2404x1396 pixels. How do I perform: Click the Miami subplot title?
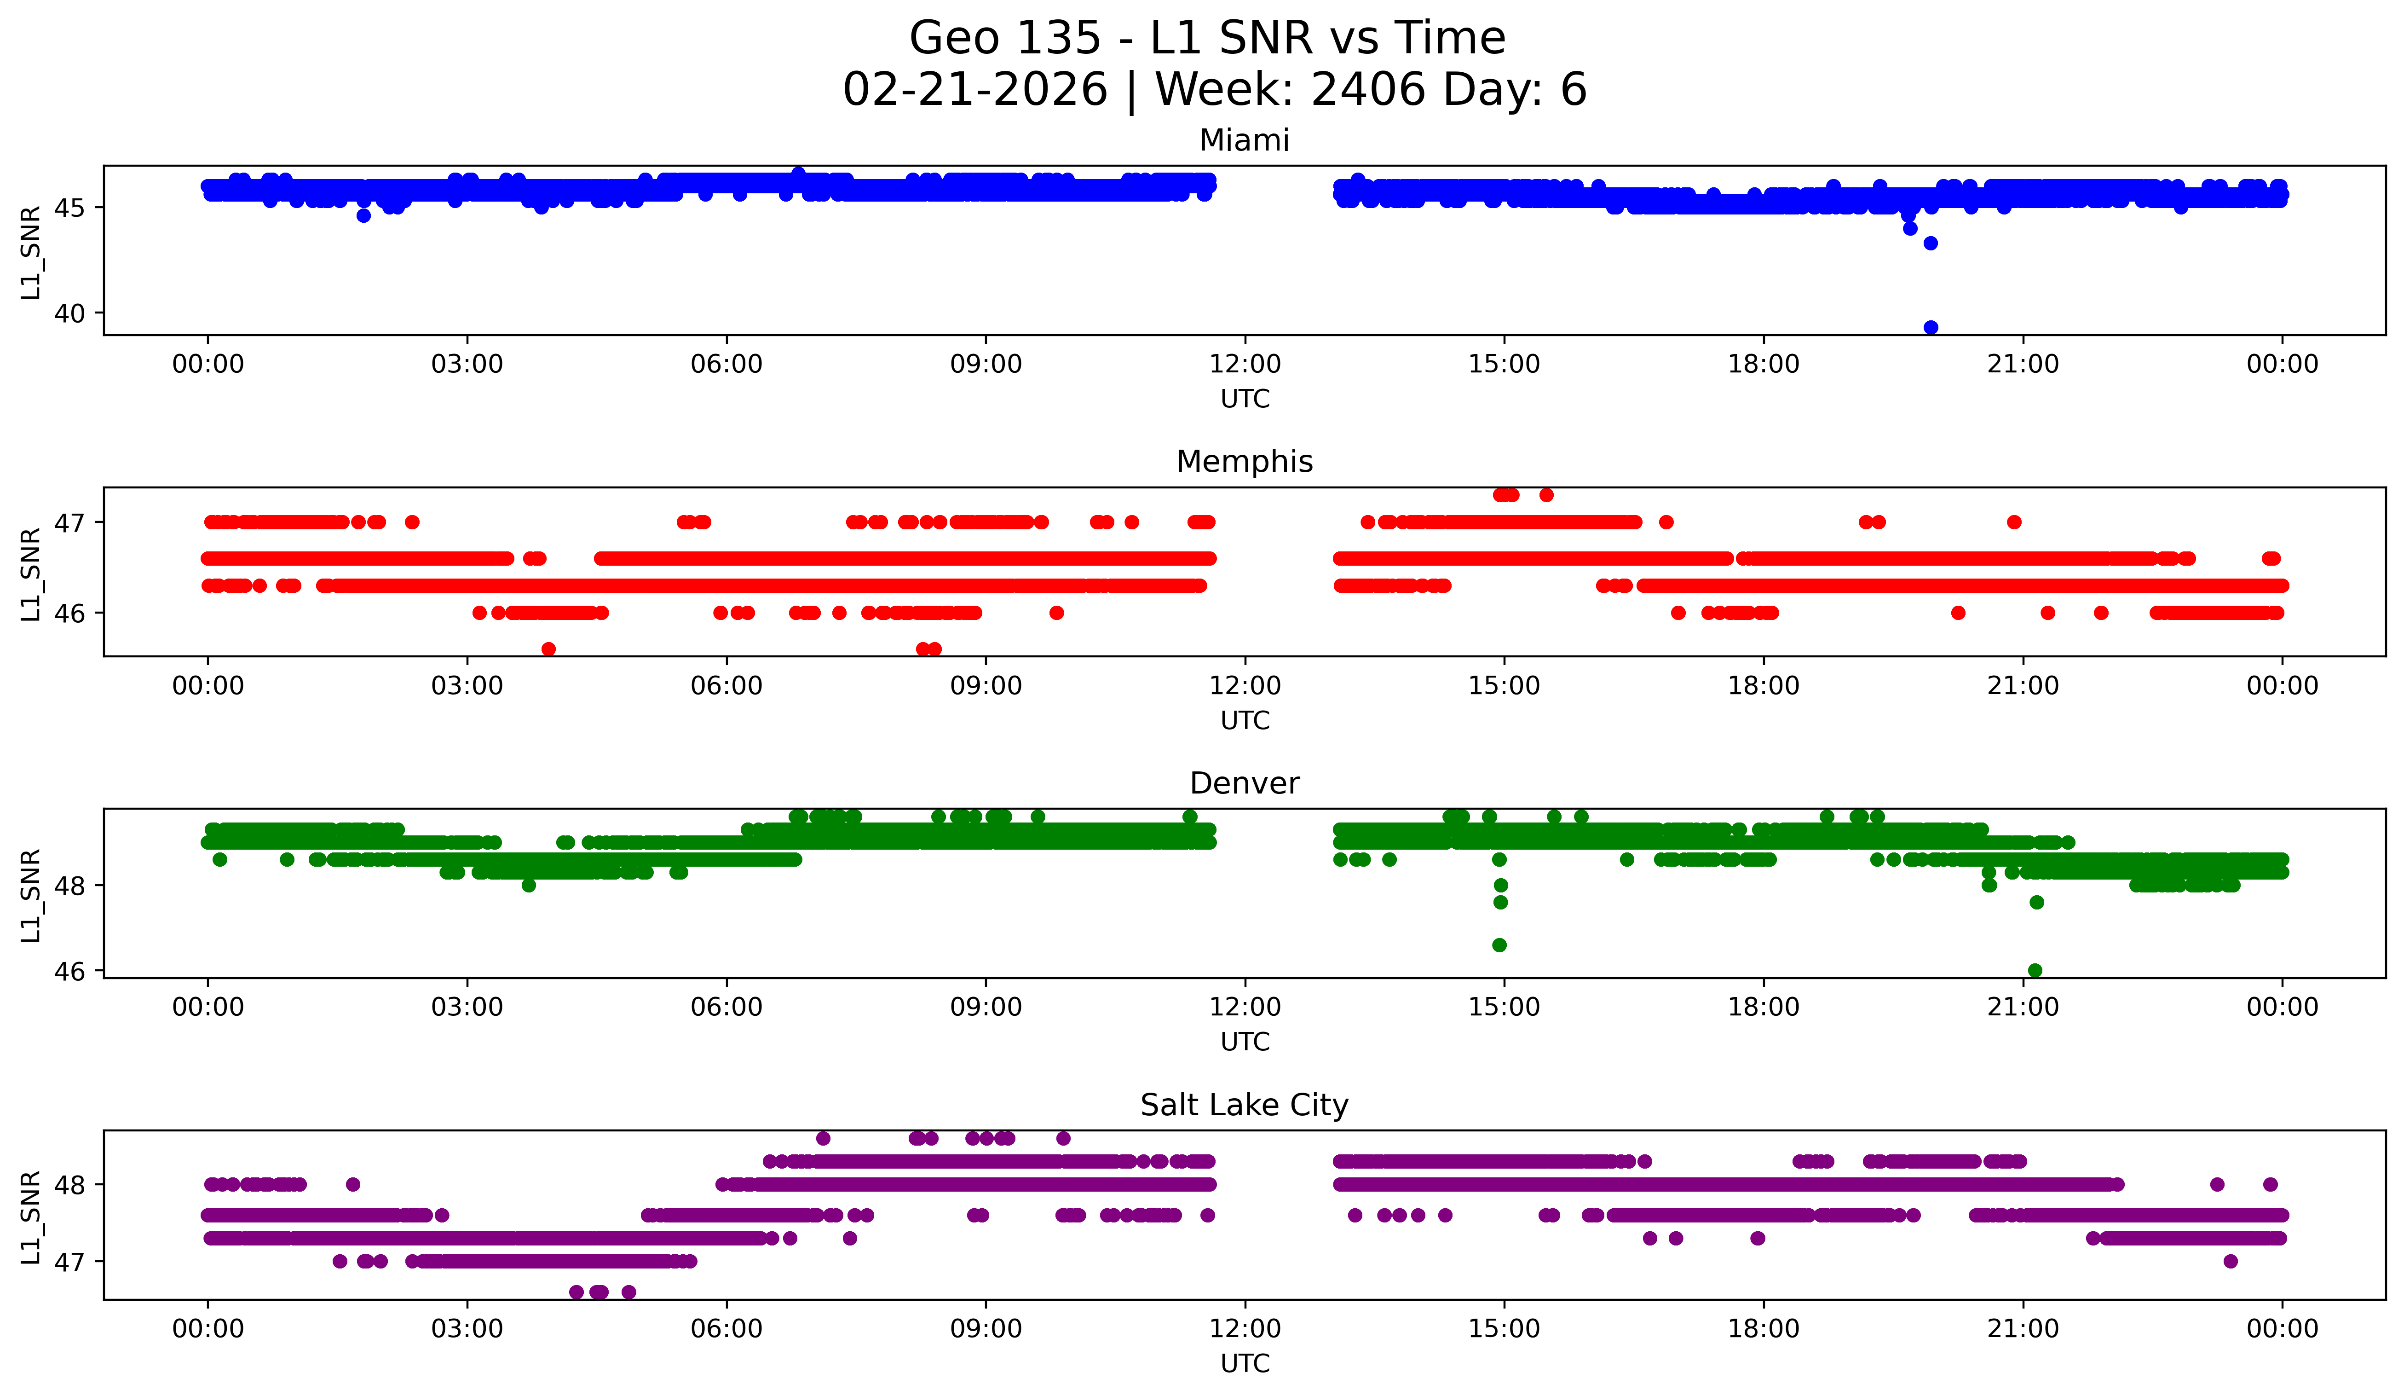pyautogui.click(x=1244, y=140)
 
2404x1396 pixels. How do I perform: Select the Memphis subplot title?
pyautogui.click(x=1244, y=462)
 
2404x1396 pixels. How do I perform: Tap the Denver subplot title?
pyautogui.click(x=1244, y=783)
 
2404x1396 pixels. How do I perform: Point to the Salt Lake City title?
pyautogui.click(x=1244, y=1105)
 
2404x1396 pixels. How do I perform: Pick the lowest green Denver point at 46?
pyautogui.click(x=2035, y=970)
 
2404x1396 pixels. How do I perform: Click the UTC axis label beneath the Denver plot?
pyautogui.click(x=1245, y=1042)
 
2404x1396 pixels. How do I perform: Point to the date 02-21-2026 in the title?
pyautogui.click(x=975, y=90)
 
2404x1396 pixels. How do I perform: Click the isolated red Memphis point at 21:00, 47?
pyautogui.click(x=2014, y=522)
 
